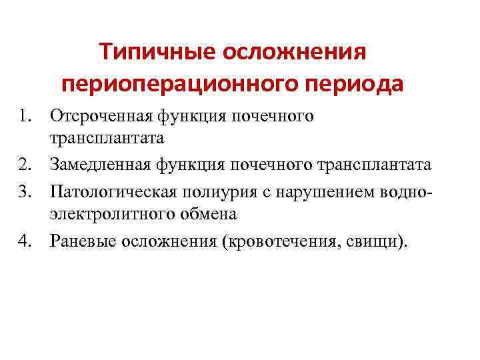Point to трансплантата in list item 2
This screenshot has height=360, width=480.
click(377, 165)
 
